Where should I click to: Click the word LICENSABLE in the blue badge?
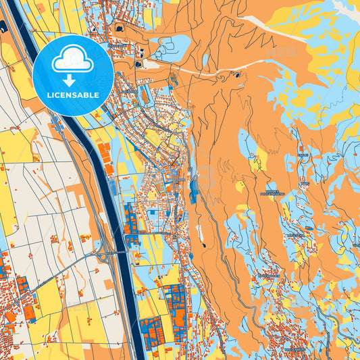pyautogui.click(x=72, y=95)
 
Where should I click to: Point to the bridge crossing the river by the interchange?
pyautogui.click(x=122, y=252)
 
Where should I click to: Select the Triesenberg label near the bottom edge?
pyautogui.click(x=295, y=350)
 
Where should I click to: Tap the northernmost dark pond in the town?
pyautogui.click(x=121, y=28)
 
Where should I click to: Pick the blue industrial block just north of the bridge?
pyautogui.click(x=130, y=220)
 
